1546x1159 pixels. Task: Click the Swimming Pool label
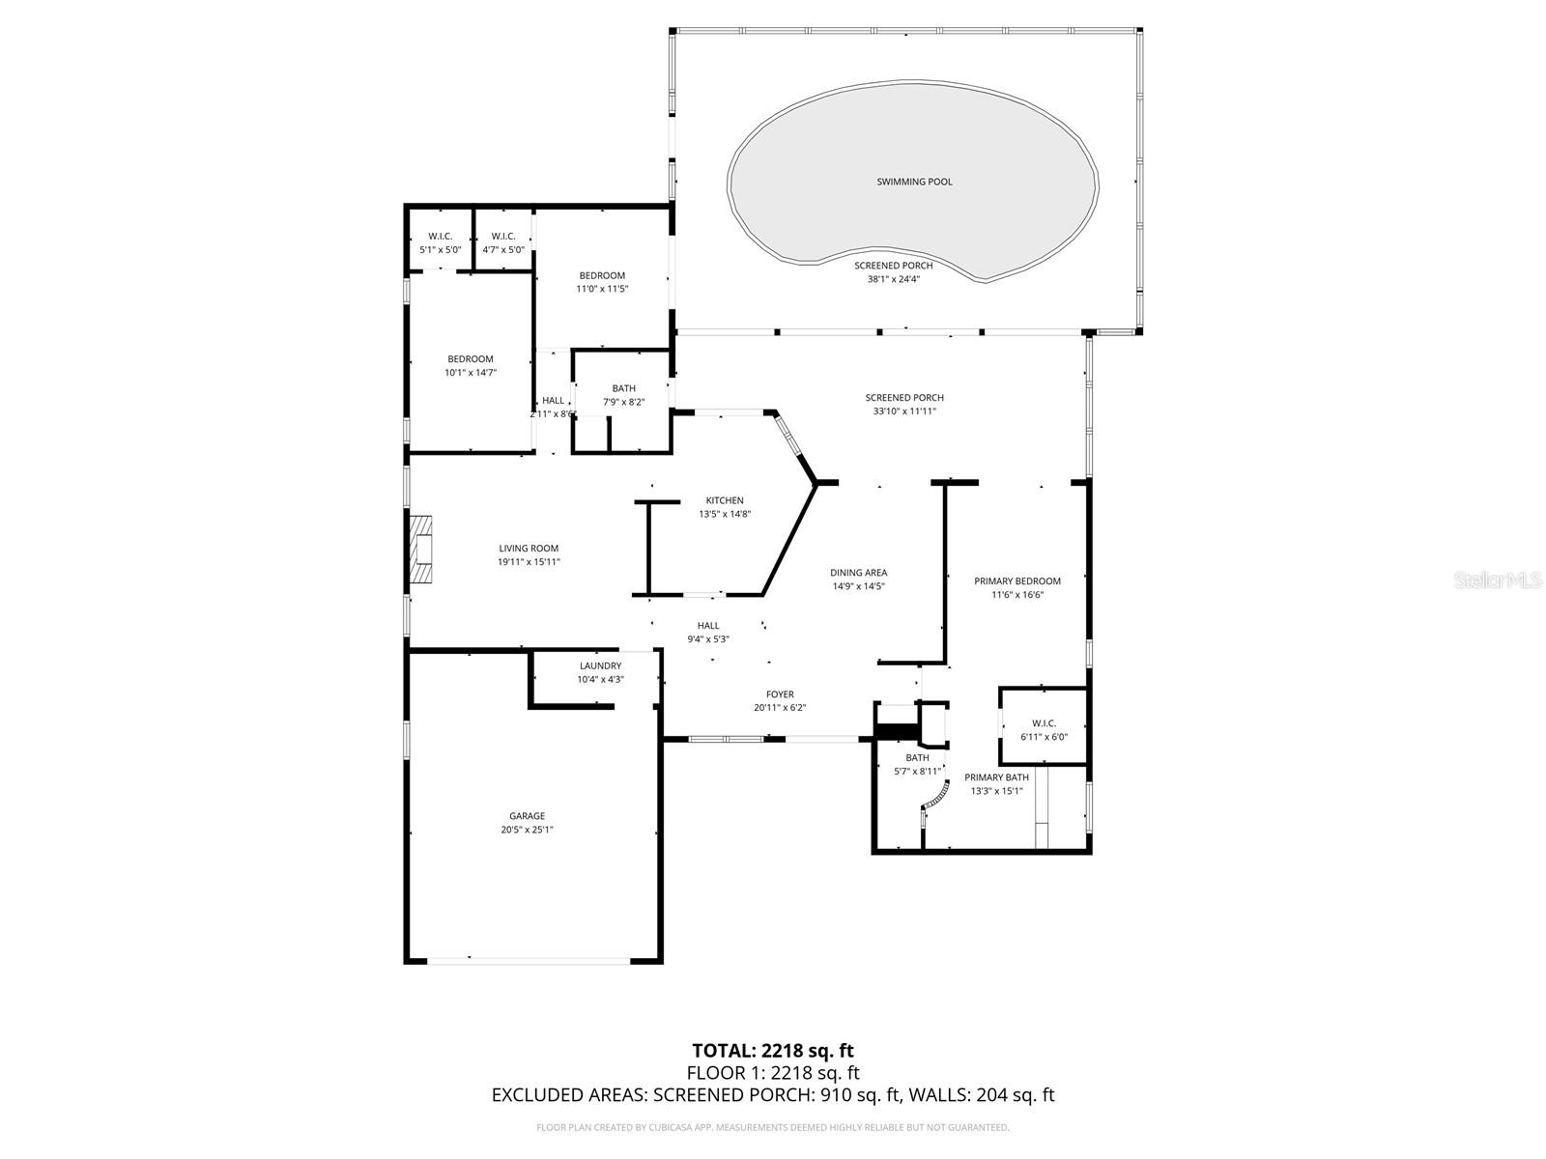point(914,182)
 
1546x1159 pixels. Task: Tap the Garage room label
point(528,816)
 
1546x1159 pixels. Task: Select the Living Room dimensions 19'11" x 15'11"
point(529,562)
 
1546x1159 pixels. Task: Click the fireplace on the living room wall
point(420,551)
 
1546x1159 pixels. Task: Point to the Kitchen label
point(725,500)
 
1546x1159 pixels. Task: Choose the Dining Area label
point(859,573)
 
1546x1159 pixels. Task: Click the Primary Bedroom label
point(1016,581)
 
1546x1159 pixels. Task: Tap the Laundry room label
point(600,665)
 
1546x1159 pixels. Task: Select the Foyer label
point(780,694)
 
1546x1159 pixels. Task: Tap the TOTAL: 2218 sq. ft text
point(772,1051)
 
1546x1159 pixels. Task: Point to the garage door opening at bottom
point(529,960)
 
